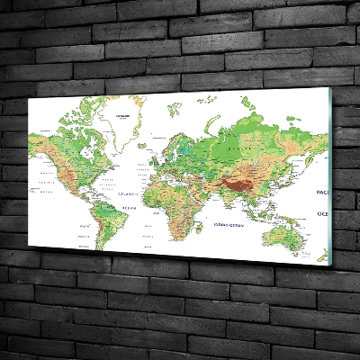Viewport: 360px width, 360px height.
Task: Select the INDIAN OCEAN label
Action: click(x=222, y=226)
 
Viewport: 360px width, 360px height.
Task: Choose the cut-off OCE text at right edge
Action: click(x=322, y=214)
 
